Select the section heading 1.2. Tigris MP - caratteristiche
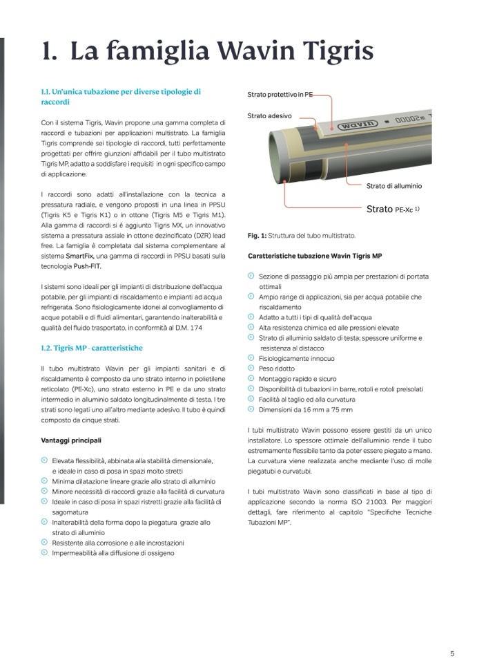92,348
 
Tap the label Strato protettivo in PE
280,94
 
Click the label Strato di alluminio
393,186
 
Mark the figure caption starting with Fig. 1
297,236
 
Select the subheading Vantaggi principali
71,440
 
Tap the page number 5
452,653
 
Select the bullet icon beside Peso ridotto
251,368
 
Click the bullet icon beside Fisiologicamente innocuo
251,358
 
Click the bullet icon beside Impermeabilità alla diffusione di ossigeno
44,552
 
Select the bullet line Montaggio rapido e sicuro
298,379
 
